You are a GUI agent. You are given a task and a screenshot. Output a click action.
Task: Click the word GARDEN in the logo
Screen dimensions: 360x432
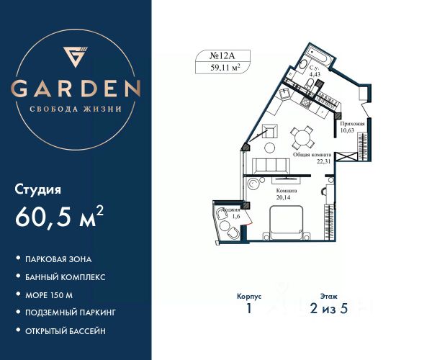[x=76, y=89]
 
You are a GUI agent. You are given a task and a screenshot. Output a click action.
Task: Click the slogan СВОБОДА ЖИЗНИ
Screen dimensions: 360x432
[x=76, y=109]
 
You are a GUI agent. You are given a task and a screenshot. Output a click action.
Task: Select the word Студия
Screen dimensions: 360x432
[x=38, y=190]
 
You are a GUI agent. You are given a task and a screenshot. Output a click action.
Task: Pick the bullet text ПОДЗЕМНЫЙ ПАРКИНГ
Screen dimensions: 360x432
[x=71, y=313]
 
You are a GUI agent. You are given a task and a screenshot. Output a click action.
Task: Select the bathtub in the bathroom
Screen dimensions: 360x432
[x=317, y=55]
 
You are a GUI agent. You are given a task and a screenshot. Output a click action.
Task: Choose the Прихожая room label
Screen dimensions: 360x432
[x=353, y=124]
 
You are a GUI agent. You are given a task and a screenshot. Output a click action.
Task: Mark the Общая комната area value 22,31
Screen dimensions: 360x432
[x=323, y=161]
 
